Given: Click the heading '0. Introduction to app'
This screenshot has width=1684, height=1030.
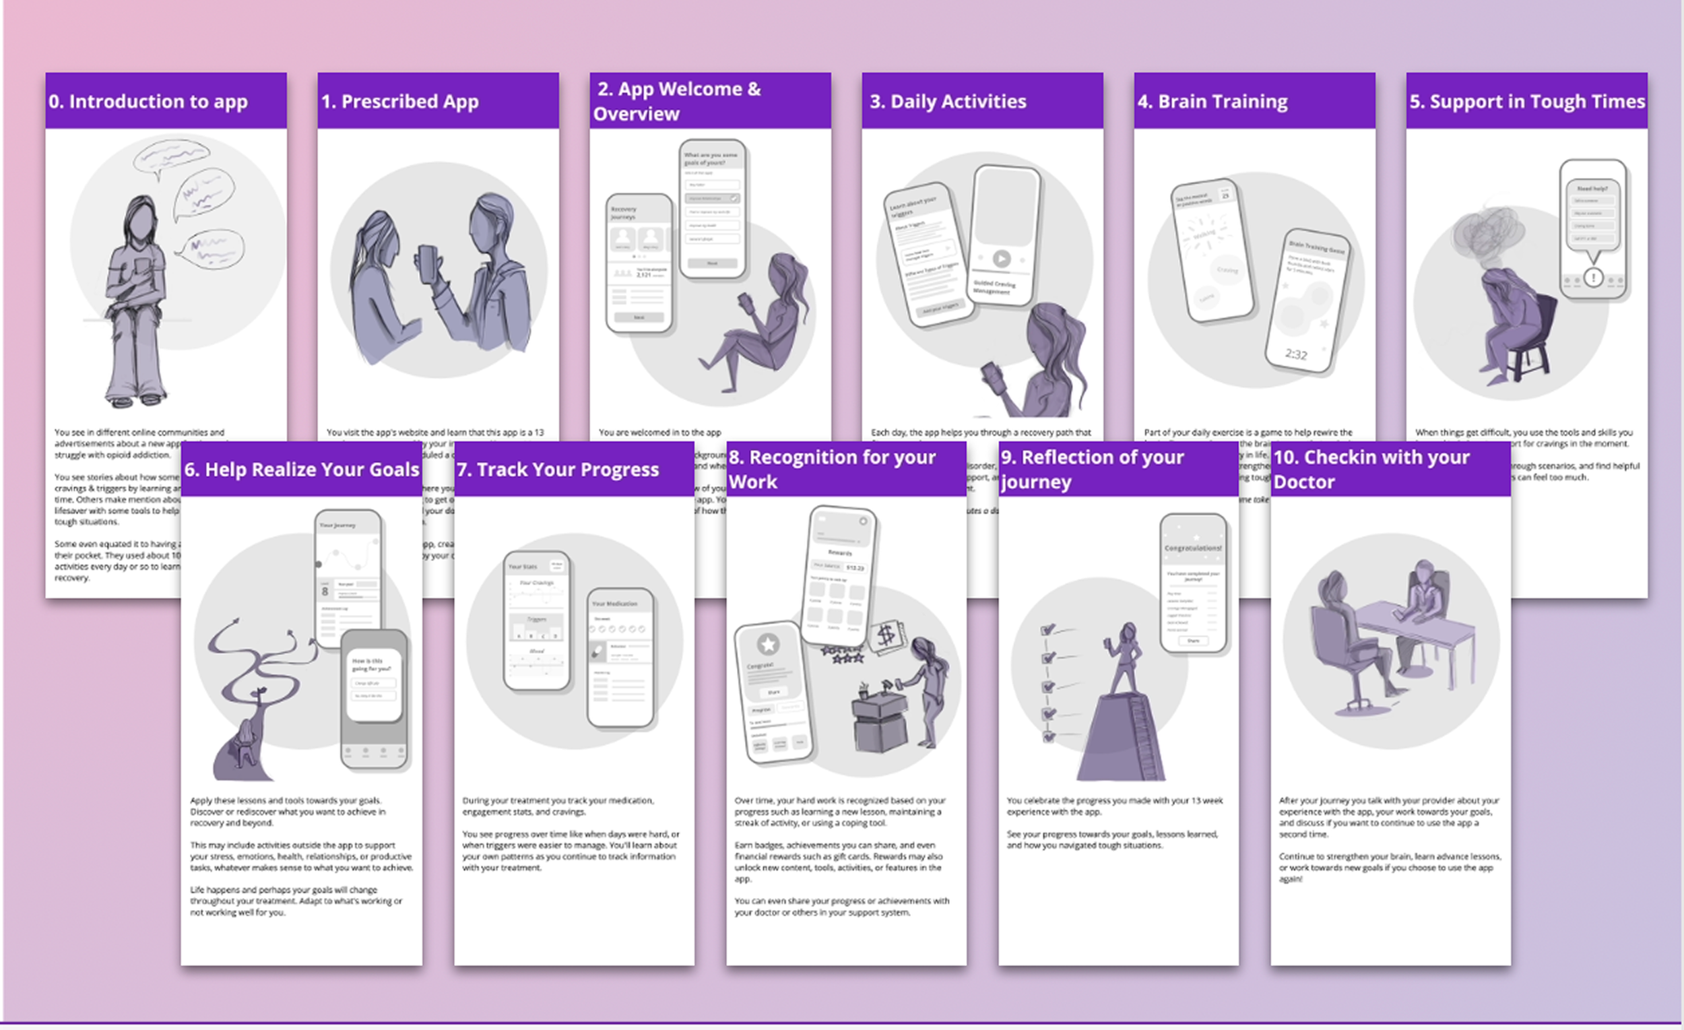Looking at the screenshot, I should tap(148, 101).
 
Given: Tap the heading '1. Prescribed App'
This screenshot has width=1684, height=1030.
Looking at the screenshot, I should tap(400, 101).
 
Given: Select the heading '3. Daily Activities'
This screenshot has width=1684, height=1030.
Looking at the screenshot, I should tap(948, 101).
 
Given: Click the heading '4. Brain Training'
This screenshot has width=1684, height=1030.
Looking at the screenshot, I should tap(1212, 101).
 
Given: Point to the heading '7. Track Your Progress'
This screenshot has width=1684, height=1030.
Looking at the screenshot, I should tap(558, 470).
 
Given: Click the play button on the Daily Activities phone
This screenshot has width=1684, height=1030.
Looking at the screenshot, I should tap(1001, 259).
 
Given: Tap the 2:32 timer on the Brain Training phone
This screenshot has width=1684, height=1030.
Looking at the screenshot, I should tap(1296, 354).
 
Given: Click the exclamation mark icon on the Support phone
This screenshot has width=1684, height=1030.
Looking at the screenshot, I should tap(1593, 278).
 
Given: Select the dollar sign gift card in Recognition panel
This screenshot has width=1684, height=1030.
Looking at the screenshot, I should tap(887, 636).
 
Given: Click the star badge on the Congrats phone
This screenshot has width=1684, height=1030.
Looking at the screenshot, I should tap(768, 643).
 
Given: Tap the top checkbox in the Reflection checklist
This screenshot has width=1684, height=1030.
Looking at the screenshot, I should tap(1047, 629).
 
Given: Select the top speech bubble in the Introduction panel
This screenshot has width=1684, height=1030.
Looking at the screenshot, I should tap(171, 156).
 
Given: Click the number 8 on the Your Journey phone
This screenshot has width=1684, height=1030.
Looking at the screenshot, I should tap(325, 591).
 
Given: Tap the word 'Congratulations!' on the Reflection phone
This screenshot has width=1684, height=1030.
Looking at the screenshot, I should tap(1192, 548).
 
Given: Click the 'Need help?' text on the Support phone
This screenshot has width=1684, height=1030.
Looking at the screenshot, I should tap(1592, 189).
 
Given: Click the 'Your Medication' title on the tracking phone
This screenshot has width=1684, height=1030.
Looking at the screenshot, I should tap(614, 604).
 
